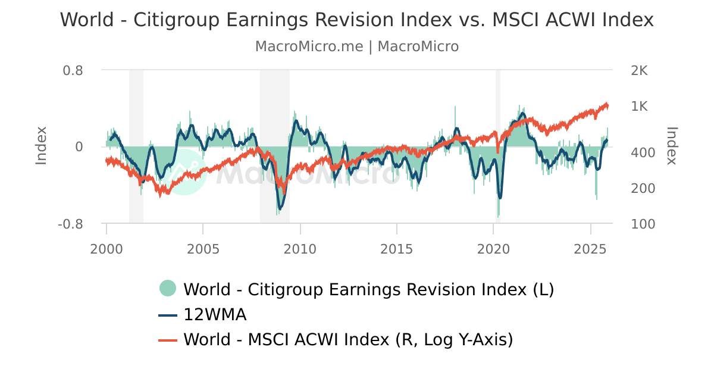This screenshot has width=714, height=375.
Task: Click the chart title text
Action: coord(357,20)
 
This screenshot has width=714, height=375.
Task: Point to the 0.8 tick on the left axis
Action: coord(73,70)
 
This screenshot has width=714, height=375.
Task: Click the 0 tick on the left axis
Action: coord(78,146)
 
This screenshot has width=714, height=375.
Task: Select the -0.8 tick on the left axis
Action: coord(70,224)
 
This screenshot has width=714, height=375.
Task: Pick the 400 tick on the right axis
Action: coord(643,153)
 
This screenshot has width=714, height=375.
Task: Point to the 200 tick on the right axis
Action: coord(643,188)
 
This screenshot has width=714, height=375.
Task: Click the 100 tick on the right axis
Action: coord(643,224)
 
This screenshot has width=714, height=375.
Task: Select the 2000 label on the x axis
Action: coord(107,248)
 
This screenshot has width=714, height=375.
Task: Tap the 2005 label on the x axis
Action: coord(203,248)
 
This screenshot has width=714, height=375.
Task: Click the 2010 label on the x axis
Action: coord(300,248)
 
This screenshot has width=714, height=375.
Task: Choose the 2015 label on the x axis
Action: coord(397,248)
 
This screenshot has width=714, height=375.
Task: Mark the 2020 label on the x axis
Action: coord(494,248)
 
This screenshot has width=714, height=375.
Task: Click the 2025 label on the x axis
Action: coord(590,248)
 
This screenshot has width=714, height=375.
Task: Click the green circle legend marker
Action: coord(168,289)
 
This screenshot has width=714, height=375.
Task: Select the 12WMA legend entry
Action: coord(215,314)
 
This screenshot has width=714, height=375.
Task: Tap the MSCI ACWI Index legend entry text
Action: coord(348,339)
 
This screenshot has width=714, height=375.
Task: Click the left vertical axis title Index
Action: coord(41,146)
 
